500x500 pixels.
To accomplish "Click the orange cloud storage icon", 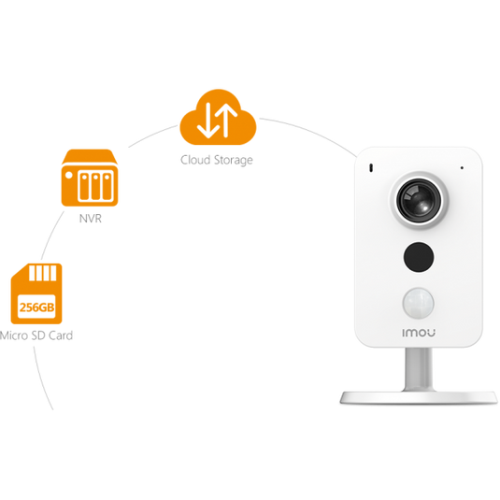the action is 218,118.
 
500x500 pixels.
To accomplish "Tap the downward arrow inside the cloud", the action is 208,121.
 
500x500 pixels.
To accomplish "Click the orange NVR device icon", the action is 90,178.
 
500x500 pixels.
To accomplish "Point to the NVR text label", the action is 91,219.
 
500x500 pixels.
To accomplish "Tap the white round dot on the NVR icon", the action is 69,175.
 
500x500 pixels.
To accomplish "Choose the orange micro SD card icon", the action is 36,293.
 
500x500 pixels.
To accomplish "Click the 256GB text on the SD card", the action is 36,307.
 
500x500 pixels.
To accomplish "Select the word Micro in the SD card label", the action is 14,336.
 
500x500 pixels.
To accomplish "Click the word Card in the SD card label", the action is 61,336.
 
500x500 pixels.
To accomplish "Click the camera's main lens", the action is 419,200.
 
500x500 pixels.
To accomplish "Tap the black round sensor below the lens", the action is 419,257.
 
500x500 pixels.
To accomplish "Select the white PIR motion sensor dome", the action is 419,303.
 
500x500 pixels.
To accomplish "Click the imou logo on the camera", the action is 419,333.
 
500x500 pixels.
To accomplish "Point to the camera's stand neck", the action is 419,369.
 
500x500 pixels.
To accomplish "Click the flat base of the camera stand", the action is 419,397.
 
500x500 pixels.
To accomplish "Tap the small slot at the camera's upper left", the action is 371,168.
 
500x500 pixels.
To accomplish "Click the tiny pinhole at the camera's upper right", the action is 462,167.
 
